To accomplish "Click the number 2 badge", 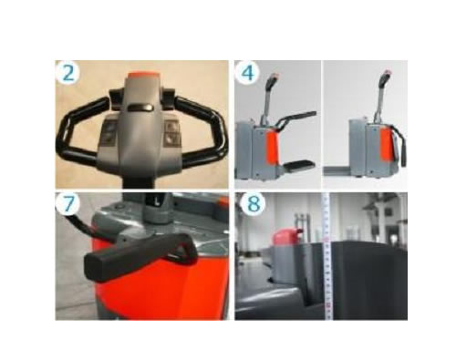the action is pos(67,73).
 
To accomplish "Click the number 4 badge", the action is pos(247,73).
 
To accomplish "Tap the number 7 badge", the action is pos(67,203).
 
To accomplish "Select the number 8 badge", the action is pos(254,203).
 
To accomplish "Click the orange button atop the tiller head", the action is pos(142,75).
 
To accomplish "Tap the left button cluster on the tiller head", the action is pos(110,133).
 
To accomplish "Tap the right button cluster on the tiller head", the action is pos(172,133).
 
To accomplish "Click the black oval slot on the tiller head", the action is pos(140,107).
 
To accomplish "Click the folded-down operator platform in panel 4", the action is pos(299,165).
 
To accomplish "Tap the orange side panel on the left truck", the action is pos(273,149).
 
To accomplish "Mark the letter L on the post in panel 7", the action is pos(157,201).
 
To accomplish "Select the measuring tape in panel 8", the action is pos(327,256).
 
